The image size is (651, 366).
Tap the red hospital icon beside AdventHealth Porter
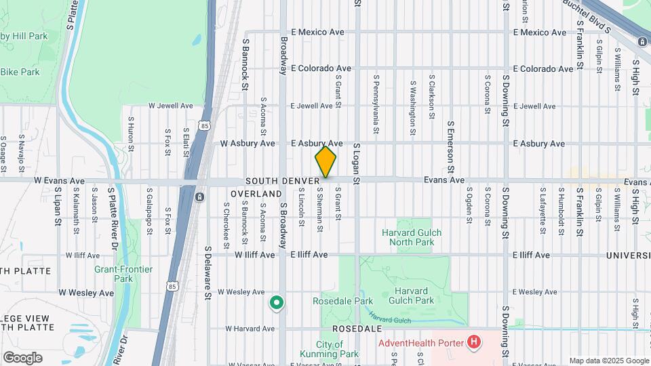tap(474, 343)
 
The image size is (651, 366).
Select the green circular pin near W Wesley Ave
tap(276, 303)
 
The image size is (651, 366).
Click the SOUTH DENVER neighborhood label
tap(282, 181)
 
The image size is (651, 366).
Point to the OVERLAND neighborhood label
tap(256, 194)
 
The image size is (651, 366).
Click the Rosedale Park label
tap(342, 301)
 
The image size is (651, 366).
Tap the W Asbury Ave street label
tap(248, 144)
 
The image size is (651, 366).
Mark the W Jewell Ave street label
tap(171, 106)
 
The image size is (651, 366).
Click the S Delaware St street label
tap(209, 273)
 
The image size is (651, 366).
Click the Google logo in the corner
tap(22, 358)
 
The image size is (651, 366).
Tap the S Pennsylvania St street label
tap(375, 96)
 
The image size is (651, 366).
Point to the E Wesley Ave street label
tap(534, 292)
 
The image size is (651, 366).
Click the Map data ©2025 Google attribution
tap(608, 361)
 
